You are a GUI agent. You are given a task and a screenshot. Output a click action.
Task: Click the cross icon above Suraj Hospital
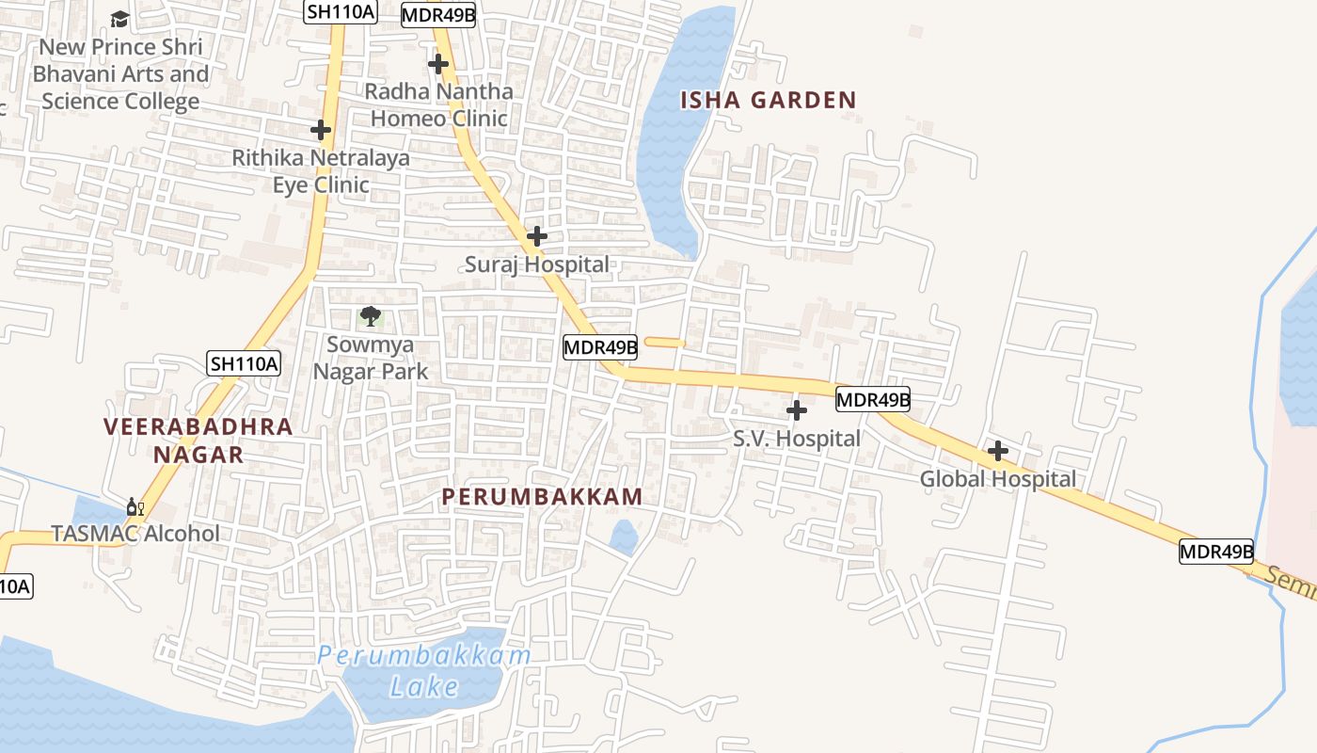(x=536, y=235)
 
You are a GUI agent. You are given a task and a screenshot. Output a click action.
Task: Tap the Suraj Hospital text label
(x=536, y=264)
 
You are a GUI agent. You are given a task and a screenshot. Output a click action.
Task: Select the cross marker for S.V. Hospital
(x=796, y=409)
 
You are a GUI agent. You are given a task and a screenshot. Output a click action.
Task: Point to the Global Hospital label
(x=997, y=479)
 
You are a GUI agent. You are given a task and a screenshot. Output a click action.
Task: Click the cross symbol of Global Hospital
(x=997, y=451)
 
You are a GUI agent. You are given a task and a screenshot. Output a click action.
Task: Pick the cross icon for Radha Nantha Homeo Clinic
(x=437, y=64)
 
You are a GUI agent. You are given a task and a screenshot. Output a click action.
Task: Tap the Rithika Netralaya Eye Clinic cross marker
(x=321, y=130)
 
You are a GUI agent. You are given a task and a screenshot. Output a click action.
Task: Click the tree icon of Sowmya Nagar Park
(x=371, y=316)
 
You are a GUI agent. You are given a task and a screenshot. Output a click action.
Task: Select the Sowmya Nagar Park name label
(x=371, y=358)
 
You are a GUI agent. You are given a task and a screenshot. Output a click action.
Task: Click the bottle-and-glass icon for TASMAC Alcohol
(x=135, y=508)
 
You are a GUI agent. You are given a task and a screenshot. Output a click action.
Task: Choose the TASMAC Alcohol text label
(x=135, y=534)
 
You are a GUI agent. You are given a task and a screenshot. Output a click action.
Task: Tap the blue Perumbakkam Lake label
(x=424, y=670)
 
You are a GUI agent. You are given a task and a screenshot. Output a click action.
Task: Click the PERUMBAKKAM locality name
(x=542, y=497)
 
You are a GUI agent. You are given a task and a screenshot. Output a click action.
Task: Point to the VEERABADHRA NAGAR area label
(x=198, y=441)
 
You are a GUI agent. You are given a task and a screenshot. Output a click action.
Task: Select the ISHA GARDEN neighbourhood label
(x=768, y=100)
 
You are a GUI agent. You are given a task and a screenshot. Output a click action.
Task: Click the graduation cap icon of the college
(x=119, y=19)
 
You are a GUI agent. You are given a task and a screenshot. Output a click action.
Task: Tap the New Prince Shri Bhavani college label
(x=120, y=73)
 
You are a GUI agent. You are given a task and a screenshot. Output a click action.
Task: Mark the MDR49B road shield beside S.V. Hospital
(x=873, y=399)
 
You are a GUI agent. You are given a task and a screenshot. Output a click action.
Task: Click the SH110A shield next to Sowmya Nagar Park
(x=244, y=363)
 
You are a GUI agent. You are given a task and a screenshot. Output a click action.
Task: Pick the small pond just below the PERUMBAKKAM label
(x=623, y=537)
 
